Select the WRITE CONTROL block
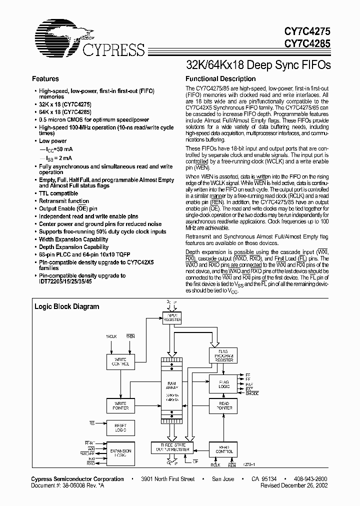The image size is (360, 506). point(120,362)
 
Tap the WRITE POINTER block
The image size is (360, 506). point(120,405)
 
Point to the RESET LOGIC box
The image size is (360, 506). point(120,428)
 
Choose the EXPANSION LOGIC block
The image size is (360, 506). point(120,452)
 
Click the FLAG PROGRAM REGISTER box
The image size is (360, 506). point(223,356)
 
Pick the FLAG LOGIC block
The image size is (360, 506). point(223,384)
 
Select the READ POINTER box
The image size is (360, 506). point(223,405)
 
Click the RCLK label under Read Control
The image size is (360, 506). point(215,465)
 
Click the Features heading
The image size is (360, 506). point(45,79)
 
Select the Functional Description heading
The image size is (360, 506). point(220,79)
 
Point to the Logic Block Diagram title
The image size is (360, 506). point(66,306)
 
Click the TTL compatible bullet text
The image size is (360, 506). point(58,193)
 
